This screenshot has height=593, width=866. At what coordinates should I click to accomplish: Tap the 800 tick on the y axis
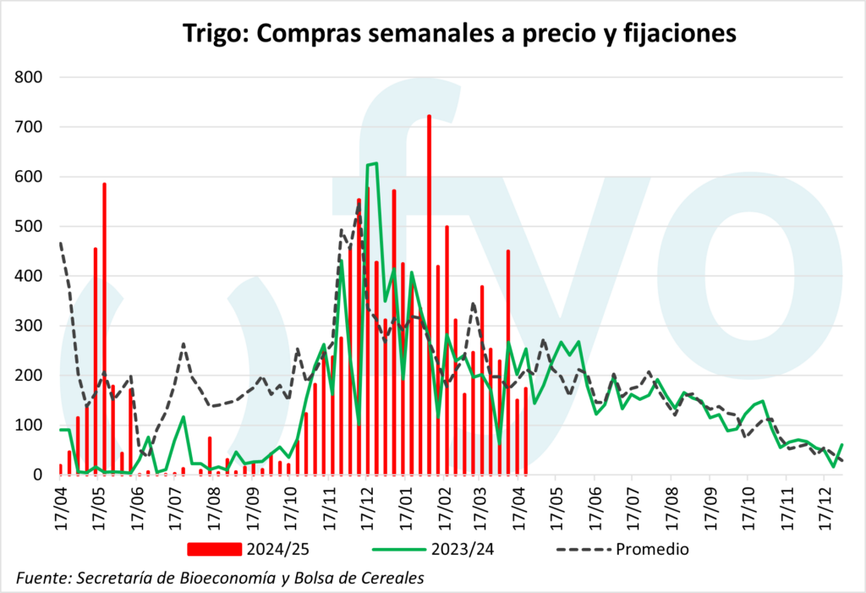coord(30,78)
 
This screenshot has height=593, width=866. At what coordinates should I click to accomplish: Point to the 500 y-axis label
coord(30,227)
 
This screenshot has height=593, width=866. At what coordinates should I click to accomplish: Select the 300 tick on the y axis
coord(30,326)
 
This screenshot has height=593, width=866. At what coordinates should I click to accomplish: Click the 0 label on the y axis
coord(38,475)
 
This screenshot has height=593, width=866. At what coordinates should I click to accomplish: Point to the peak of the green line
coord(373,163)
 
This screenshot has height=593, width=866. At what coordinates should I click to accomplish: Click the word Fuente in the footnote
coord(41,578)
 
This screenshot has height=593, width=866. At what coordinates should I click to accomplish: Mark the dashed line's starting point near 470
coord(60,243)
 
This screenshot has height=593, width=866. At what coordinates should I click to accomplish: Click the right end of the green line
coord(842,444)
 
